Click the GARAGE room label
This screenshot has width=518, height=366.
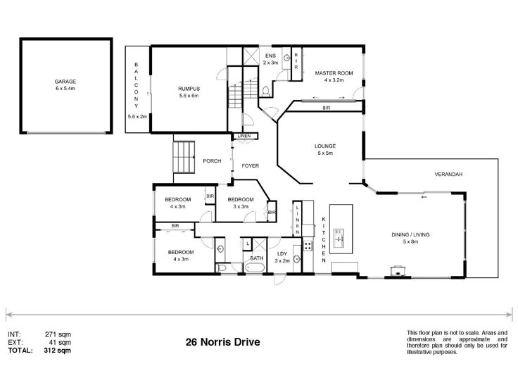[x=65, y=82]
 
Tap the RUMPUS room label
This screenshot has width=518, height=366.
[x=189, y=89]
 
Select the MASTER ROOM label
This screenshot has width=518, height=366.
[x=334, y=73]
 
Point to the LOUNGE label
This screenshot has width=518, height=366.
[x=325, y=146]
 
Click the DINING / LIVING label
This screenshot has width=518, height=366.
[x=410, y=234]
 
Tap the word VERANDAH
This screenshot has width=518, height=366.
[x=448, y=174]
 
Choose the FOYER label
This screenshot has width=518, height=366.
[x=251, y=166]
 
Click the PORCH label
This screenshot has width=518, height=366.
[x=212, y=161]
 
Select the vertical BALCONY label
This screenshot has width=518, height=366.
[x=136, y=85]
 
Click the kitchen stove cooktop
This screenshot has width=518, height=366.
[x=308, y=246]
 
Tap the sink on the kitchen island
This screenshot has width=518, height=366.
[x=339, y=238]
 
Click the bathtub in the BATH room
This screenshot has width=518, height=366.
[x=254, y=267]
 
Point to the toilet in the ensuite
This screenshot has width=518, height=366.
[x=265, y=91]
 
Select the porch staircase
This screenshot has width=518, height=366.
[x=184, y=157]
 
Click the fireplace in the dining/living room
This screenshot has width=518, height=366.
[x=397, y=270]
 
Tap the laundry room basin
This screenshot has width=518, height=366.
[x=297, y=260]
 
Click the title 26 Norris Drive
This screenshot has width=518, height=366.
[x=222, y=342]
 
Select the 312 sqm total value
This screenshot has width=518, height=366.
[x=57, y=351]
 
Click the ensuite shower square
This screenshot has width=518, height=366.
[x=251, y=56]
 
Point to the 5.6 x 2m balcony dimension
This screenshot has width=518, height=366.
[x=137, y=116]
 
